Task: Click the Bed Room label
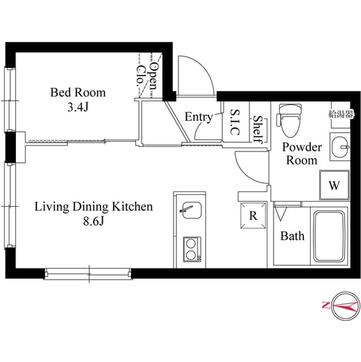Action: [x=78, y=92]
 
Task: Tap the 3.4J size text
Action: [x=78, y=107]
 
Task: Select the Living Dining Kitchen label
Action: [x=94, y=206]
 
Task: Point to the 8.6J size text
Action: [x=94, y=221]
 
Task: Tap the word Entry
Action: [x=199, y=117]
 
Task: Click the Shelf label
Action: [x=257, y=129]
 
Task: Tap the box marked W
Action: [x=334, y=185]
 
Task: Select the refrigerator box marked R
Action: [x=253, y=216]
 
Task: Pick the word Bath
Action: [x=292, y=236]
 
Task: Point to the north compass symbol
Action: [x=341, y=306]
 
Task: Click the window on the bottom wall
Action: [x=89, y=274]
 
